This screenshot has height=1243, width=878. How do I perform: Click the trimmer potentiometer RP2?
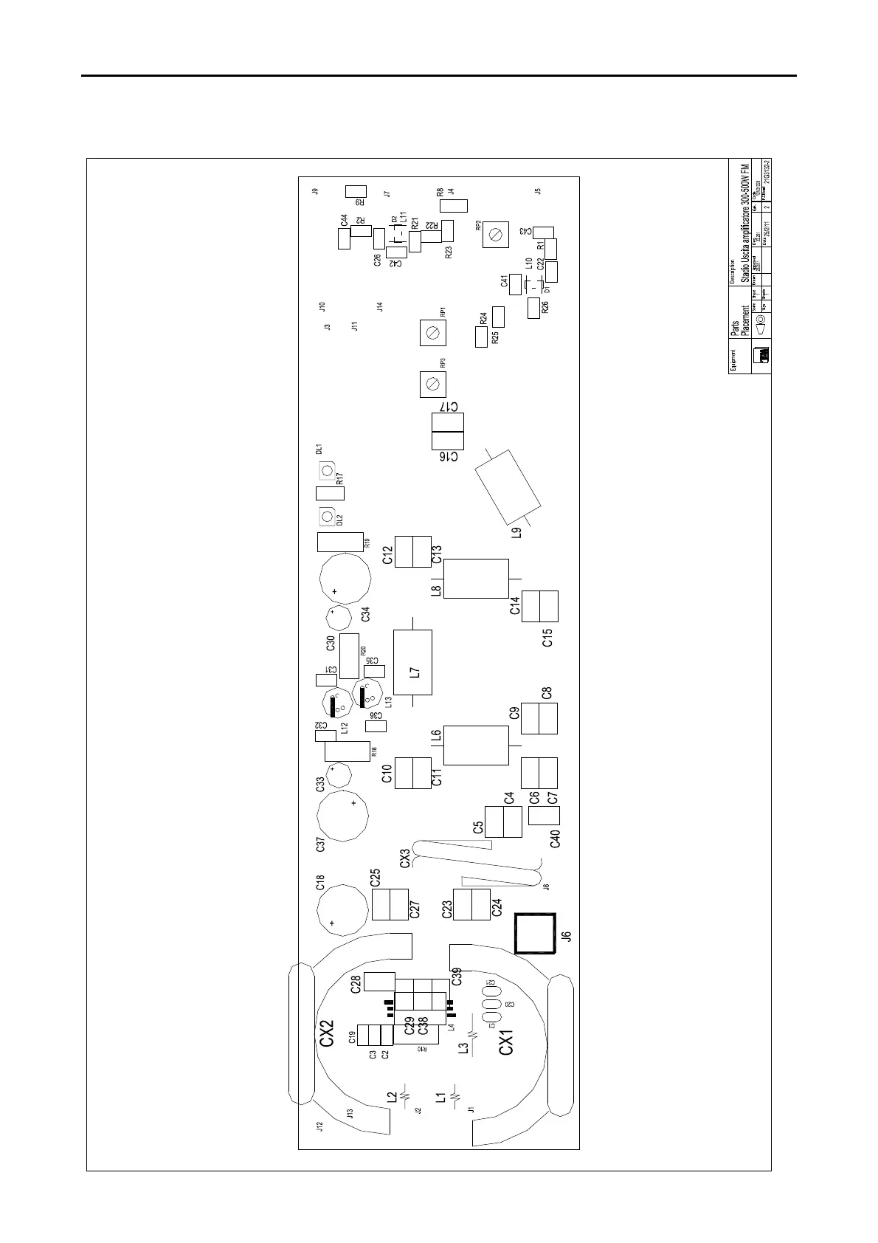coord(497,235)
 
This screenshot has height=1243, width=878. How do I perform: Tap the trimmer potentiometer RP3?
coord(433,384)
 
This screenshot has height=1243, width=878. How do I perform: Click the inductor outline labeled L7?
coord(412,662)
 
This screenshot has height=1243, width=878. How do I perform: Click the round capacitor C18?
coord(342,909)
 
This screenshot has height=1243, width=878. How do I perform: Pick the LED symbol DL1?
coord(326,470)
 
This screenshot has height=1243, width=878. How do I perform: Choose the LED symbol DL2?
coord(326,516)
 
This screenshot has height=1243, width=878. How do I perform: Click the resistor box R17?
coord(330,493)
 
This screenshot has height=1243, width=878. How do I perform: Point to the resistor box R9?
coord(356,192)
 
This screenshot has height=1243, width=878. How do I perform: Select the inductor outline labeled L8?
coord(476,579)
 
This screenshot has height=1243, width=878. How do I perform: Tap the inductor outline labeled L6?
coord(476,745)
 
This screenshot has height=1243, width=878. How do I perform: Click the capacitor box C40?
coord(545,815)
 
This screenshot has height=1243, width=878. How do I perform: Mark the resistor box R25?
coord(482,337)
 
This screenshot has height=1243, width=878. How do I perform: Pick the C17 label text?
coord(449,407)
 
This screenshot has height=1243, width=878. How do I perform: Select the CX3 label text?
coord(404,858)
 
